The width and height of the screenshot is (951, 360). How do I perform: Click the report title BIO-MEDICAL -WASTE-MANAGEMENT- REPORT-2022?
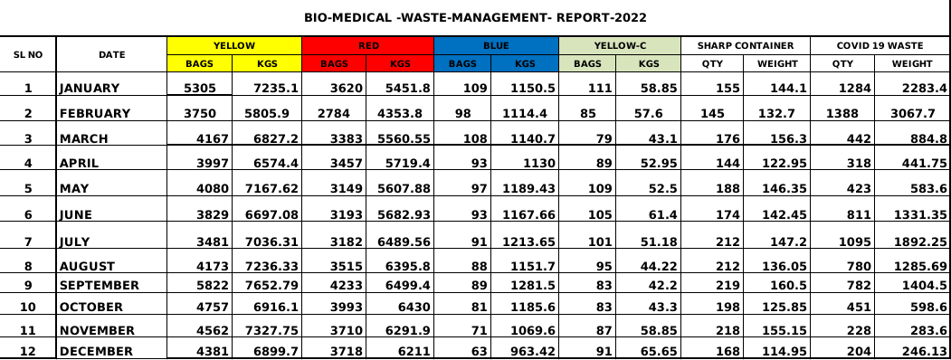pyautogui.click(x=476, y=17)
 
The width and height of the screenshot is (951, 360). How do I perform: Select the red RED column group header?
pyautogui.click(x=368, y=45)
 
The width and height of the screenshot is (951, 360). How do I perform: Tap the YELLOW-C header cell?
pyautogui.click(x=619, y=45)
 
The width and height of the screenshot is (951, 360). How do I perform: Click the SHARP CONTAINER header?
pyautogui.click(x=746, y=45)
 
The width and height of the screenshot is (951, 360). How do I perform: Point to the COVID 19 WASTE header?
pyautogui.click(x=880, y=45)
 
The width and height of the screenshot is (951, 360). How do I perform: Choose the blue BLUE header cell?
pyautogui.click(x=496, y=45)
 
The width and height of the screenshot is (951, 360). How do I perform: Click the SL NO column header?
pyautogui.click(x=28, y=54)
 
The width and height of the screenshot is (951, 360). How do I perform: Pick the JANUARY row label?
pyautogui.click(x=90, y=89)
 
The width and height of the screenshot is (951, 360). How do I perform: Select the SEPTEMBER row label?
pyautogui.click(x=100, y=286)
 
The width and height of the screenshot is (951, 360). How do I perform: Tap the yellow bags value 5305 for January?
pyautogui.click(x=200, y=89)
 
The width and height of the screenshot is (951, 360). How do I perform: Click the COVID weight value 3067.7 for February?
pyautogui.click(x=915, y=113)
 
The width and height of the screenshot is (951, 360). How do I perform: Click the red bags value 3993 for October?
pyautogui.click(x=347, y=308)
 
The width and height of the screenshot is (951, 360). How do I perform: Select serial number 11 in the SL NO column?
pyautogui.click(x=28, y=331)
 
